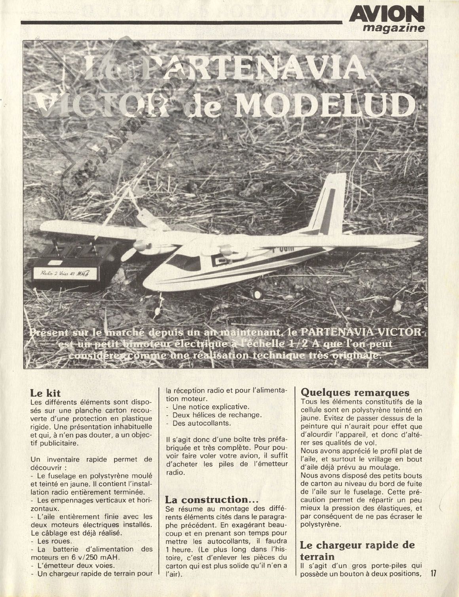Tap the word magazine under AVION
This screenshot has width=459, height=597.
point(394,28)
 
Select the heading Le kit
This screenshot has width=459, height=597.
point(45,393)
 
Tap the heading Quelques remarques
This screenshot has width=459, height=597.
point(355,393)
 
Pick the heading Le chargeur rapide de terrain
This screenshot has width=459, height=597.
point(358,550)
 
